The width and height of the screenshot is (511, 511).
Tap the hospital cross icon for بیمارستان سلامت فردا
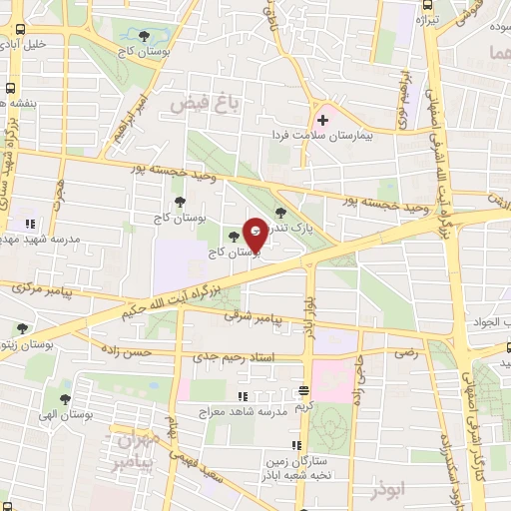(x=321, y=120)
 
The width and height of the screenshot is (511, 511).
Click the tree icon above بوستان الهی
(x=68, y=397)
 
